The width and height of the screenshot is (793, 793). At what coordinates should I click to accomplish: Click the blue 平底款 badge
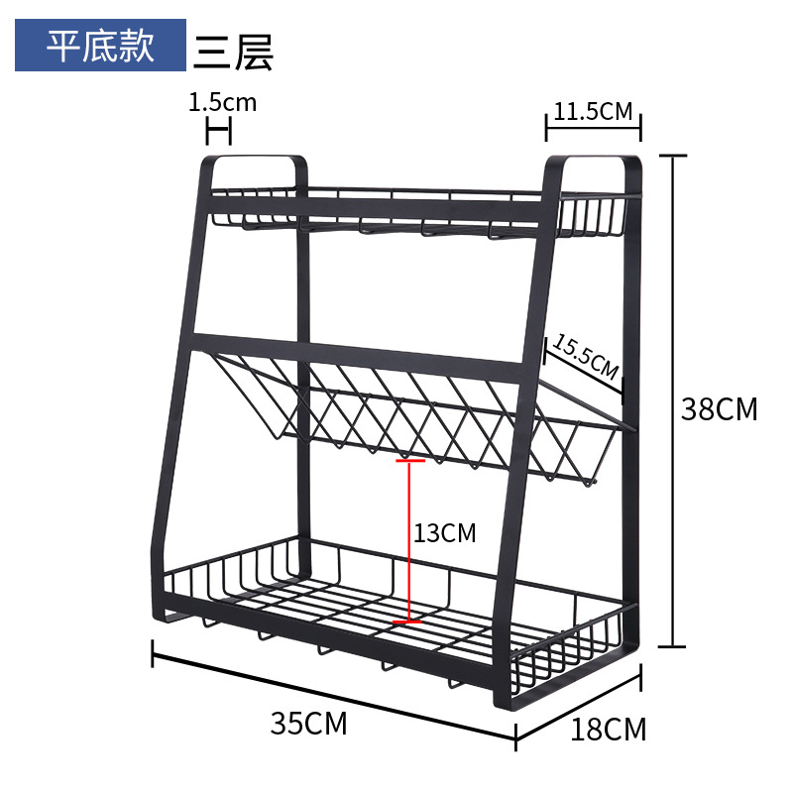[x=100, y=45]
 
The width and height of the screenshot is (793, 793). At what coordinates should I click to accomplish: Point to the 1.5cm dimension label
[x=222, y=102]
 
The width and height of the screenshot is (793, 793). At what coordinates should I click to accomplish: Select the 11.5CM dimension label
[x=593, y=110]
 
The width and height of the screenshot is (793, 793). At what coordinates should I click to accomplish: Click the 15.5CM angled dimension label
[x=585, y=359]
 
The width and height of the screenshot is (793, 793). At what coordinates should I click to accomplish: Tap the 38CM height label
[x=719, y=408]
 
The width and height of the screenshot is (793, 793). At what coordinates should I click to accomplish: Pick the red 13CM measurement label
[x=445, y=533]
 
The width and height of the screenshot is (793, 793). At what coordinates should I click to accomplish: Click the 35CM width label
[x=309, y=724]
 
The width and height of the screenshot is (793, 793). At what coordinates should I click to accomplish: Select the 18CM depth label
[x=608, y=731]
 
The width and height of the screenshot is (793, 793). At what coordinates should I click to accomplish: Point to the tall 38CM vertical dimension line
[x=673, y=400]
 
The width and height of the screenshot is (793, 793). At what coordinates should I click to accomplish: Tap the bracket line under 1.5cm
[x=218, y=129]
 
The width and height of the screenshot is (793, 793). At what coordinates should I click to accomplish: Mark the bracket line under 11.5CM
[x=593, y=128]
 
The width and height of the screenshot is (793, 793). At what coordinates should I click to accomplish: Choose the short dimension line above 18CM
[x=579, y=707]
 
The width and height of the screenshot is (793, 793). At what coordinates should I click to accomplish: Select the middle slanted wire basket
[x=426, y=416]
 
